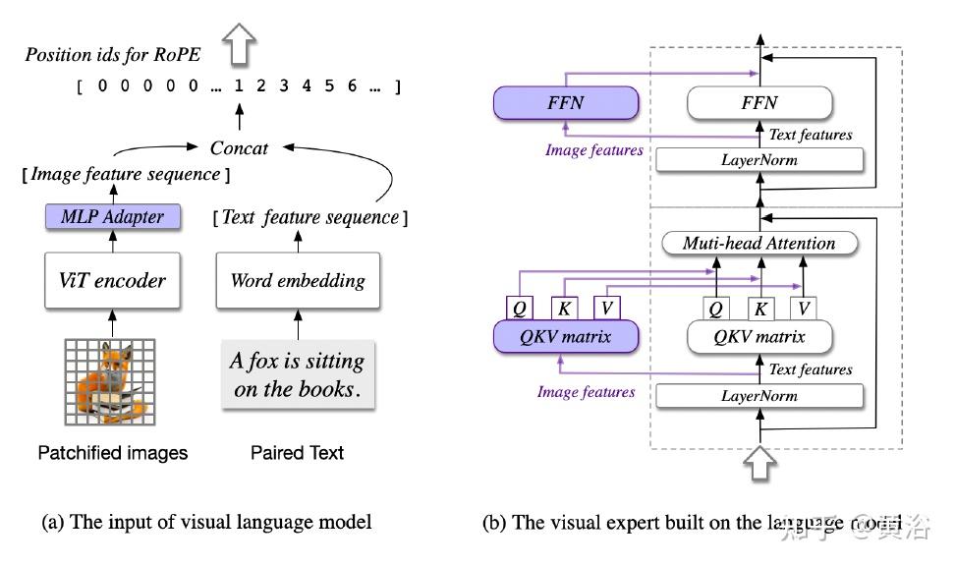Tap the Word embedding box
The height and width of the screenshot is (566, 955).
[x=298, y=280]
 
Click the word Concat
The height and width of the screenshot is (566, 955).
[x=239, y=147]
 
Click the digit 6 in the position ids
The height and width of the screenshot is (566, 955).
[x=352, y=86]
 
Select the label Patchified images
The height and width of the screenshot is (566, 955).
[x=112, y=453]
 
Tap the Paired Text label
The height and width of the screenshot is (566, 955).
[x=298, y=453]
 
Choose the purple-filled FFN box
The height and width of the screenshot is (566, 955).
[x=565, y=102]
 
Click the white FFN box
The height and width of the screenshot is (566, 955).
[x=758, y=102]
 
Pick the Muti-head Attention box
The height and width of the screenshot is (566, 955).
[x=758, y=243]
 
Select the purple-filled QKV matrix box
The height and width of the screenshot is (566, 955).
[x=565, y=337]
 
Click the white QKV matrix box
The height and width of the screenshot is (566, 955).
[x=758, y=337]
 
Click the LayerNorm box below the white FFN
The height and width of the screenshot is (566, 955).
[x=758, y=159]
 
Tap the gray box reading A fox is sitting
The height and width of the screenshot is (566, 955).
[x=298, y=374]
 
